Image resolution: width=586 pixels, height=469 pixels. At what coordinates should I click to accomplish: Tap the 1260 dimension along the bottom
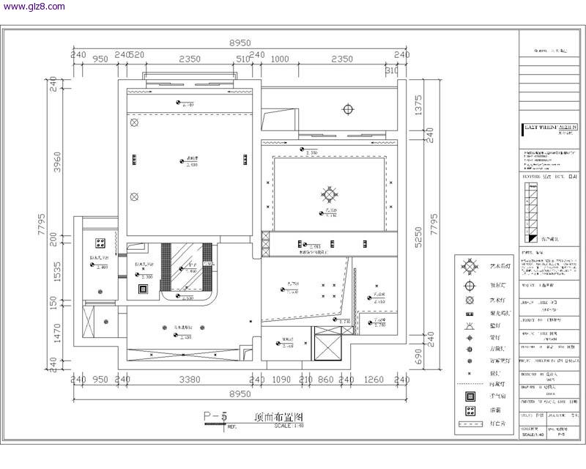point(374,380)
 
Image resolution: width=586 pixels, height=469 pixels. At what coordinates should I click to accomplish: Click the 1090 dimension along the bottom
point(281,380)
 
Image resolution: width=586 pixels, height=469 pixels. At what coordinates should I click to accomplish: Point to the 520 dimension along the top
point(136,55)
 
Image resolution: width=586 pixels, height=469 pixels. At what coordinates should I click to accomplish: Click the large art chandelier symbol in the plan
point(330,194)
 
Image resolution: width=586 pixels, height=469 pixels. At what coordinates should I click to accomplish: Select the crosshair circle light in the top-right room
point(348,109)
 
